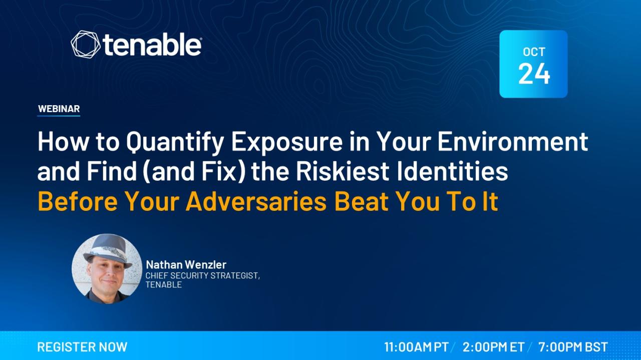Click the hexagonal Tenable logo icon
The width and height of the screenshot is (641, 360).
click(86, 45)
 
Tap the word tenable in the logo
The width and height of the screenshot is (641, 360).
click(152, 46)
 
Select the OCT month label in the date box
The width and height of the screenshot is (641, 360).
click(534, 52)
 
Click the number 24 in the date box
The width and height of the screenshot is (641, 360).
click(534, 74)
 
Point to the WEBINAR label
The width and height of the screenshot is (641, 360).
click(59, 109)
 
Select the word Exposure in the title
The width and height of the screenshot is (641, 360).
click(287, 142)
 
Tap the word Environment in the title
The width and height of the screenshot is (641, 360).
click(513, 141)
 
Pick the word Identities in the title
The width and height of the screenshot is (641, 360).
click(452, 171)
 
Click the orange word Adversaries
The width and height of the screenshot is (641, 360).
click(256, 201)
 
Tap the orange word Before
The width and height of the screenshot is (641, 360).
click(78, 201)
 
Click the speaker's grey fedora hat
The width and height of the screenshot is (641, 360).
click(107, 249)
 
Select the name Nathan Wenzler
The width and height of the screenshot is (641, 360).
click(186, 265)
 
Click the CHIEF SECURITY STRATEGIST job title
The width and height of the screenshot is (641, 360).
click(203, 275)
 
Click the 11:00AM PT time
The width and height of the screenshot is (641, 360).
click(416, 347)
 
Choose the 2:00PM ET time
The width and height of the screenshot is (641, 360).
click(493, 347)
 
